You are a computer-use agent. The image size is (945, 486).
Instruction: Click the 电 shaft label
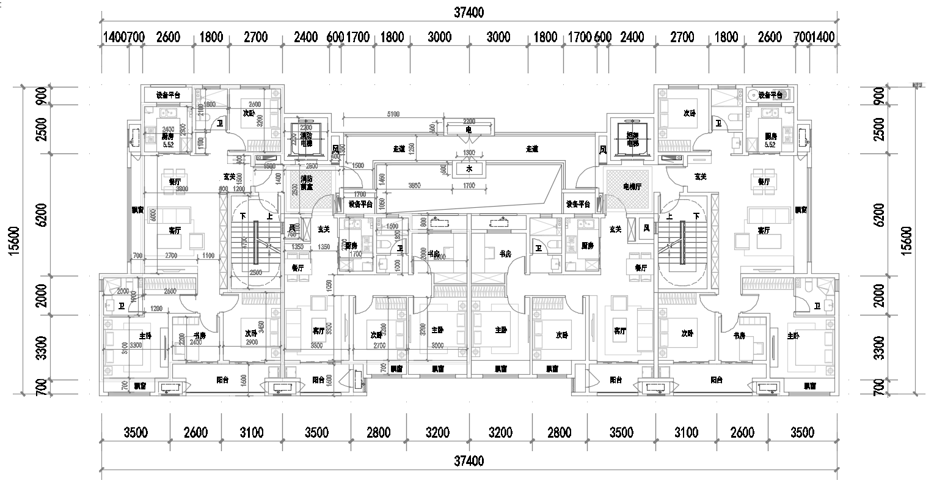coord(469,130)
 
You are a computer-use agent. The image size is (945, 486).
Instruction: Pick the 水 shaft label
coord(469,168)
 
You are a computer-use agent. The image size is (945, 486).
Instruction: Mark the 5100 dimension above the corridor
coord(393,114)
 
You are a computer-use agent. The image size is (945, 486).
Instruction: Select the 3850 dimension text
coord(414,185)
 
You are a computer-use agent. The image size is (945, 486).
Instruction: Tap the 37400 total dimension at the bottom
coord(469,460)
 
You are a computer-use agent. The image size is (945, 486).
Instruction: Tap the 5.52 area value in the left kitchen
coord(167,145)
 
